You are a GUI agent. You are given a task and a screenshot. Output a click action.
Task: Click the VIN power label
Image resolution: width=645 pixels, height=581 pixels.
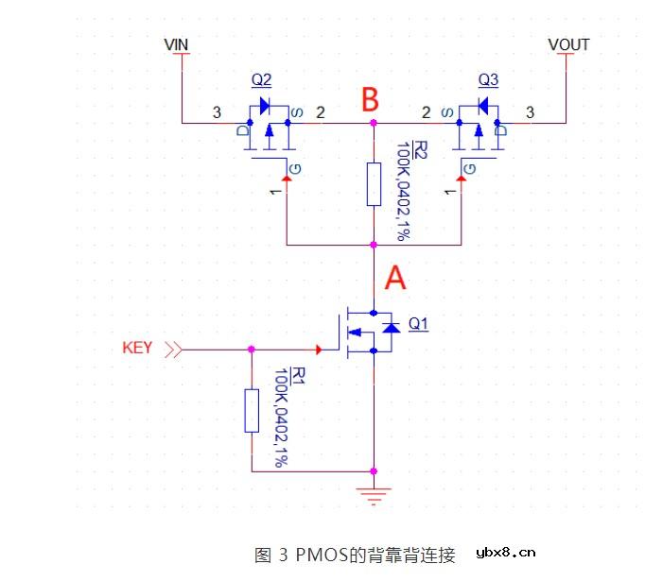(177, 44)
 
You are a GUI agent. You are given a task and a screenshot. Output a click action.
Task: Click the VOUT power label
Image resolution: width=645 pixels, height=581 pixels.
(568, 44)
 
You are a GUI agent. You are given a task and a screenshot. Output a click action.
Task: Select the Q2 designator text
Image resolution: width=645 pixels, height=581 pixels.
(262, 78)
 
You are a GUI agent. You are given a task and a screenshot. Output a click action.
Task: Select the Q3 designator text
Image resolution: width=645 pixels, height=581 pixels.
(488, 78)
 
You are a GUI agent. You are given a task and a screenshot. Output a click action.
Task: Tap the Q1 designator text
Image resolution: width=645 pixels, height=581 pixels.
(418, 324)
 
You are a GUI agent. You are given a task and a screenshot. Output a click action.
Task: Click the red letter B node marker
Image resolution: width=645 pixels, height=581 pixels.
(372, 98)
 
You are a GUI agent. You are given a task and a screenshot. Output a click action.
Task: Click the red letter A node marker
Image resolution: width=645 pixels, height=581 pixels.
(395, 278)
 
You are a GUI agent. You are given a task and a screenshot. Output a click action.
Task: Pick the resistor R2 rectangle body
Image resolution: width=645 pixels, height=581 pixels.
(374, 183)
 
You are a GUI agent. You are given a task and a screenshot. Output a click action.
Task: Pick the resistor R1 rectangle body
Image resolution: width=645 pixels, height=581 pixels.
(251, 409)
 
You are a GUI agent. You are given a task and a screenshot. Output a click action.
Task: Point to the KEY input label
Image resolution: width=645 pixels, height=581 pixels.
(137, 348)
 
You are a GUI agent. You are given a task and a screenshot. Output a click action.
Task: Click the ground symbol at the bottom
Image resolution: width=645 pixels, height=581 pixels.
(375, 494)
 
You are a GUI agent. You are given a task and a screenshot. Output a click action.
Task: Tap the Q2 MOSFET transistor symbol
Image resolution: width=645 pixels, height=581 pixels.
(269, 132)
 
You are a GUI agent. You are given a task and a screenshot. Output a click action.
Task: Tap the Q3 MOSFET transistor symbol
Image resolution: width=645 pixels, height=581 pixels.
(478, 132)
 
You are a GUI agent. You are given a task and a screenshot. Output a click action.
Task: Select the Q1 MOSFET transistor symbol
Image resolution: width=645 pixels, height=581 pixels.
(364, 333)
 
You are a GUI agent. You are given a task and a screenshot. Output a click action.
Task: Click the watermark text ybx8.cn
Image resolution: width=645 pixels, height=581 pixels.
(506, 553)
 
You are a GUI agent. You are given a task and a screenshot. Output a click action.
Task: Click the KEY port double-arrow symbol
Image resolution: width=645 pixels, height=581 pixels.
(173, 350)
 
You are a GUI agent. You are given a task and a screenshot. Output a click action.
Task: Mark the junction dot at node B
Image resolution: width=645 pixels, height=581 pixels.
(374, 123)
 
